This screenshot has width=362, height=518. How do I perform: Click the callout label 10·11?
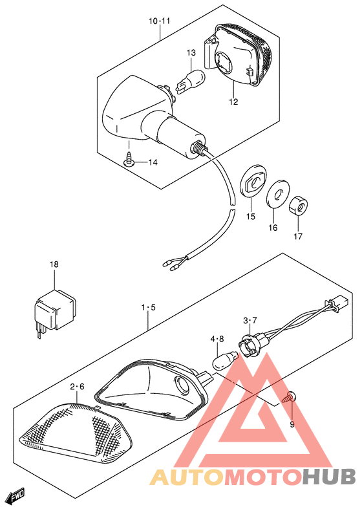pyautogui.click(x=159, y=21)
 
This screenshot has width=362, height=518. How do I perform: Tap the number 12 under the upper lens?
pyautogui.click(x=233, y=101)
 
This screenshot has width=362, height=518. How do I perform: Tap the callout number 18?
pyautogui.click(x=54, y=264)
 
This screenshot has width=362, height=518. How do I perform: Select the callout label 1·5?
pyautogui.click(x=149, y=307)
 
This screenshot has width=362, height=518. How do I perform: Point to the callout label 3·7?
pyautogui.click(x=250, y=320)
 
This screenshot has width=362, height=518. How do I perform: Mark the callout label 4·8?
pyautogui.click(x=217, y=338)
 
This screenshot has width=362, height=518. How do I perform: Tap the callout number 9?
pyautogui.click(x=291, y=424)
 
